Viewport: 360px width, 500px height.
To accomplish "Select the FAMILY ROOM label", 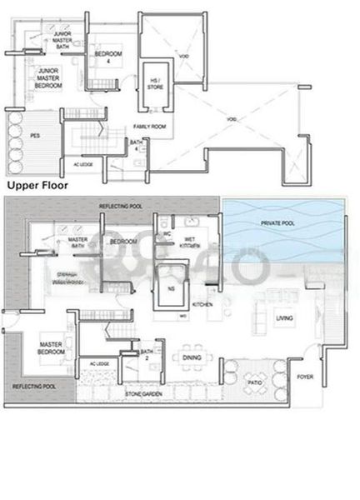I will pos(150,126).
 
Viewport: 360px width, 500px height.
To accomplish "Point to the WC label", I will pos(167,234).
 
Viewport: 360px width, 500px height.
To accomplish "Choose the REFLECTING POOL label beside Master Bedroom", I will pos(33,387).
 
